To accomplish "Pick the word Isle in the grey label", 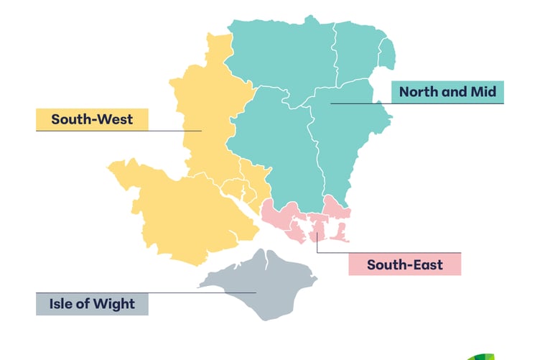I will coord(62,304).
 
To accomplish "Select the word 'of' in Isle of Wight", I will coord(85,304).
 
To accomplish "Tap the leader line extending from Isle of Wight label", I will coord(215,292).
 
